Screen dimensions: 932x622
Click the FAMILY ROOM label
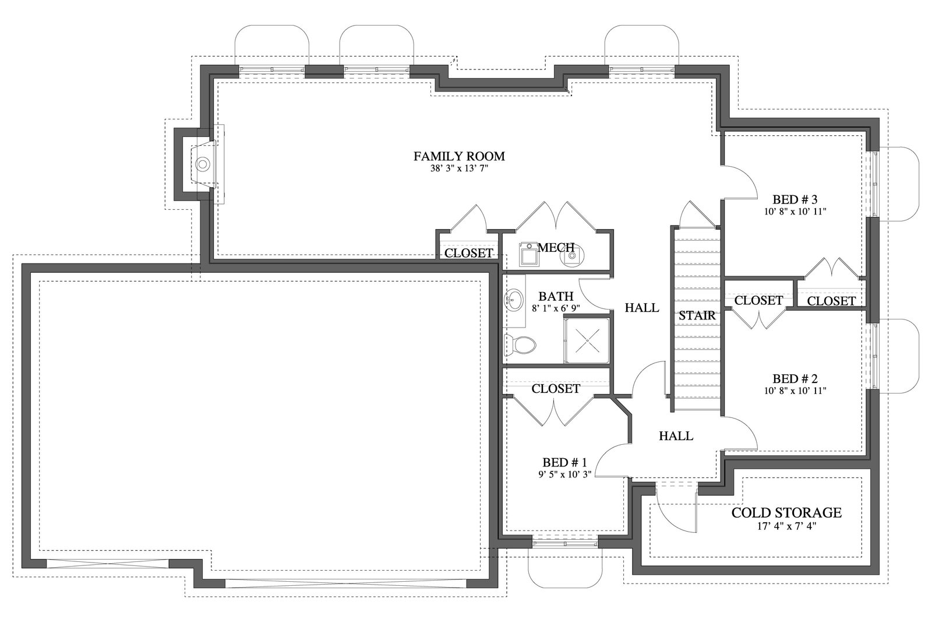459,157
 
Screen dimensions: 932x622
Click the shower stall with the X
587,340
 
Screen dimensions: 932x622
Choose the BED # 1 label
564,462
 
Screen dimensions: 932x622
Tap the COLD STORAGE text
786,513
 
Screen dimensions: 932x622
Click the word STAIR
697,315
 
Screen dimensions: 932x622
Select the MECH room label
556,248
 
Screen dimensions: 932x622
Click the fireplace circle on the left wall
203,164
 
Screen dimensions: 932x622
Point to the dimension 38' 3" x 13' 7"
459,168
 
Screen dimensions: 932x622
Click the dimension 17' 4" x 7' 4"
786,526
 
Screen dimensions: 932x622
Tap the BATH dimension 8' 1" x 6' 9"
556,308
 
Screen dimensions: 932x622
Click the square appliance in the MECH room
529,255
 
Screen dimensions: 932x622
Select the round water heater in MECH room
573,255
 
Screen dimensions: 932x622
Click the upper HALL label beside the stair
642,308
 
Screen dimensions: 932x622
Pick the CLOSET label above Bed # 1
556,389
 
